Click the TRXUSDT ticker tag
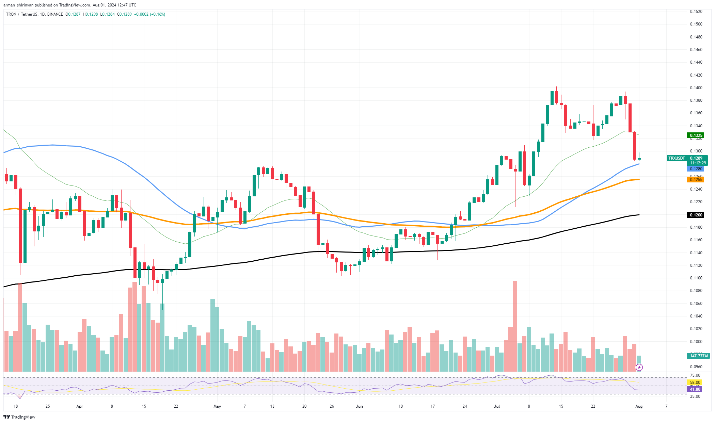(676, 158)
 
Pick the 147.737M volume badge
(699, 356)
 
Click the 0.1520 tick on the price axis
(696, 12)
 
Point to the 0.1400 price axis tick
(696, 88)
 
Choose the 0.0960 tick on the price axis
(696, 367)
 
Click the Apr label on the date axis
(80, 406)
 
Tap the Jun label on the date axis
(359, 406)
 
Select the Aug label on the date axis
(639, 406)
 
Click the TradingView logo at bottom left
(19, 417)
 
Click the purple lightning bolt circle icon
(639, 367)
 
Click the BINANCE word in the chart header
(55, 14)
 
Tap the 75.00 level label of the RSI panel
(695, 375)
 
